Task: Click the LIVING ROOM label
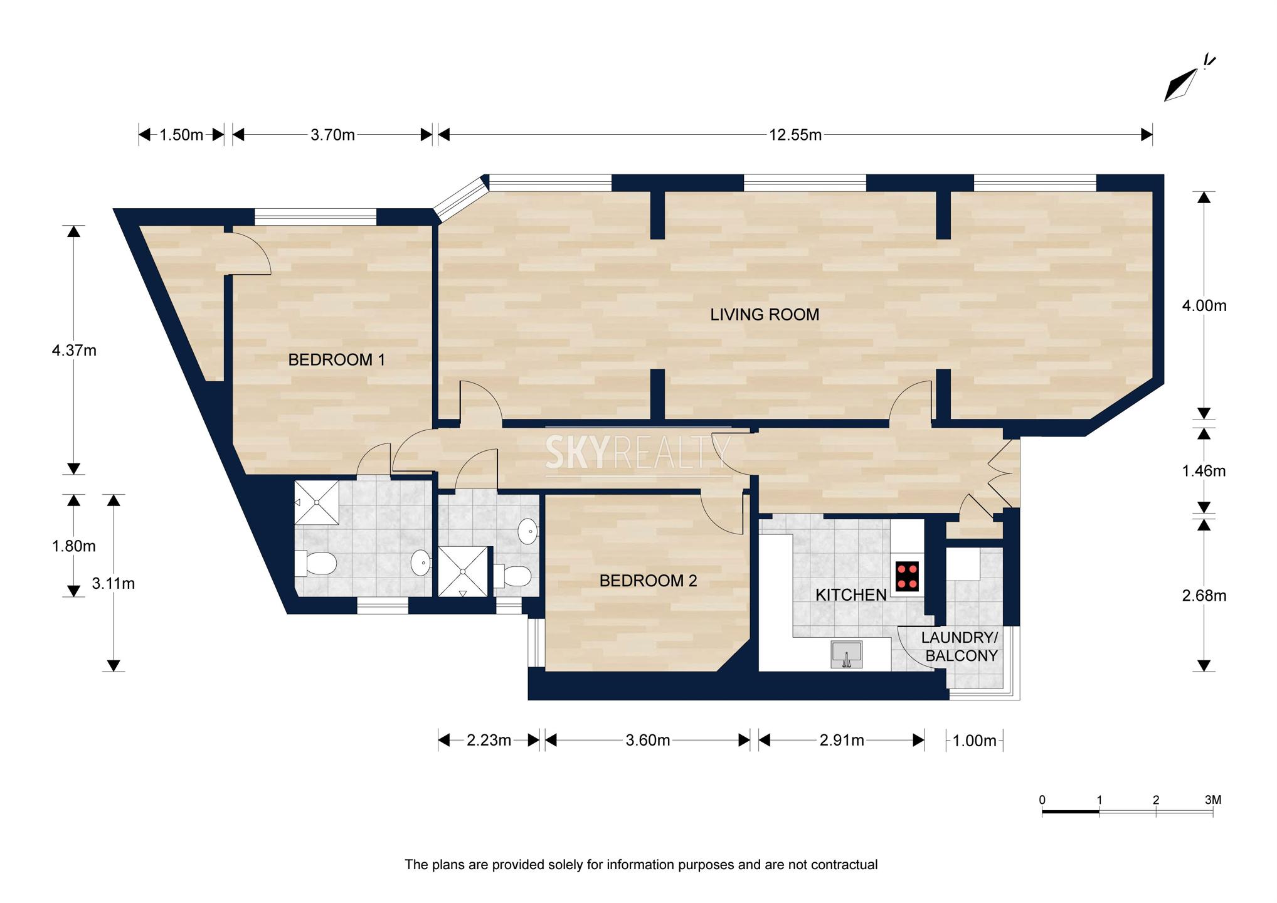tap(765, 315)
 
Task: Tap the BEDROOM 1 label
tap(336, 360)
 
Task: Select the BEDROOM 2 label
tap(648, 581)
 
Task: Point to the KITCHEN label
tap(851, 595)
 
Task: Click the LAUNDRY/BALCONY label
tap(960, 647)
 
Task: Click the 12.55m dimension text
tap(795, 135)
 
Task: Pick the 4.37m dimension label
tap(74, 351)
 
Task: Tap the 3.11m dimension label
tap(114, 584)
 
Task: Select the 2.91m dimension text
tap(842, 741)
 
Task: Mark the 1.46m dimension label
tap(1204, 471)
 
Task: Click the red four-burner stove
tap(907, 576)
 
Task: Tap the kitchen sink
tap(846, 655)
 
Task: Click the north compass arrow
tap(1180, 85)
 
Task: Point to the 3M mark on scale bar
tap(1213, 800)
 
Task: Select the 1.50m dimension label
tap(181, 135)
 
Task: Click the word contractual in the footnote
tap(844, 865)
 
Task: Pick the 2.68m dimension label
tap(1204, 596)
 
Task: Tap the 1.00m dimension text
tap(975, 741)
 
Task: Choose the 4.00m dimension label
tap(1204, 306)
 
